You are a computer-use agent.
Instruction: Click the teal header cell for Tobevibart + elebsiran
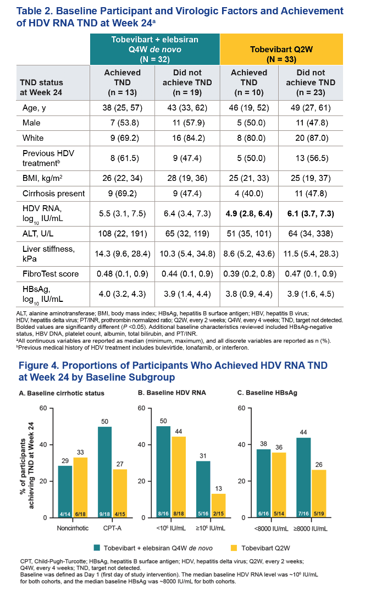pos(154,49)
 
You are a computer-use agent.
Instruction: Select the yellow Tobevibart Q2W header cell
pos(281,49)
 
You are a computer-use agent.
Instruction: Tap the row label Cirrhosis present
pos(53,194)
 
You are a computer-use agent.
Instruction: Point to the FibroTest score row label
pos(51,274)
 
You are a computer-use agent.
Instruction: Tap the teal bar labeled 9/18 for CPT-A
pos(104,472)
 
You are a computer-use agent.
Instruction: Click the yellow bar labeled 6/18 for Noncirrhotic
pos(80,487)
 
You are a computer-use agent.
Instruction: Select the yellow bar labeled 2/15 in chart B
pos(218,505)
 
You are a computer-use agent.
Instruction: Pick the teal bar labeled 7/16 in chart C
pos(303,477)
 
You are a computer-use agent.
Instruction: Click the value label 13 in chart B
pos(219,488)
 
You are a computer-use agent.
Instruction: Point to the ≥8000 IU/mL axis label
pos(311,528)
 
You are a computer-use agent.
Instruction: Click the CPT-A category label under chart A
pos(112,528)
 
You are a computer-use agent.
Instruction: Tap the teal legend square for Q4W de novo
pos(97,548)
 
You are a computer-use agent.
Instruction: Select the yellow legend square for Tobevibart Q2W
pos(234,548)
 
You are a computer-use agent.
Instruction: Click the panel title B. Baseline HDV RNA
pos(172,393)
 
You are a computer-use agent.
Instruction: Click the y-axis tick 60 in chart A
pos(43,408)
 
